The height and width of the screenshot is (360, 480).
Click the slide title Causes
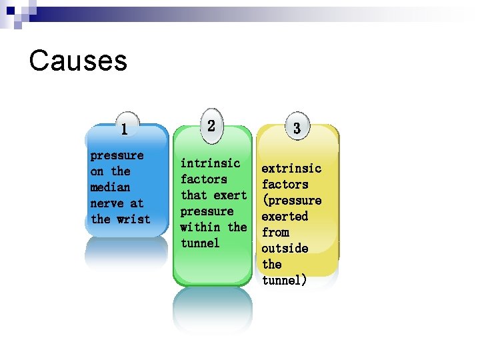click(78, 61)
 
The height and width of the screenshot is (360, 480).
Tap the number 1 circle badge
click(125, 127)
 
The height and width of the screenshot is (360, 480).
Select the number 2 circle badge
click(211, 125)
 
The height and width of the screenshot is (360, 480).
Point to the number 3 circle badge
click(297, 127)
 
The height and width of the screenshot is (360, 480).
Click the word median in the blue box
click(110, 187)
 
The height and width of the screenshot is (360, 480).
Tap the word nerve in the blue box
click(107, 203)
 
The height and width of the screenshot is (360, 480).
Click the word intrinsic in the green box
click(210, 163)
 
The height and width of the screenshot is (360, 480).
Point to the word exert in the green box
click(231, 195)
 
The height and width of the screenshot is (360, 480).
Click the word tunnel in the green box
click(200, 243)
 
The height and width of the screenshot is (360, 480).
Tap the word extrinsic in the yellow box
click(291, 169)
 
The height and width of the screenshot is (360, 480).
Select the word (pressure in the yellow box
click(291, 201)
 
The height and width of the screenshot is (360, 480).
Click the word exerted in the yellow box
click(285, 217)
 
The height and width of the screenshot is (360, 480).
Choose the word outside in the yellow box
click(285, 249)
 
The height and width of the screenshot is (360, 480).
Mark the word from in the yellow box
click(275, 233)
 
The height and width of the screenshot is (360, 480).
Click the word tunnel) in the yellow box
click(285, 281)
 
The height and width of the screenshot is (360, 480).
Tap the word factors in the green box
click(203, 179)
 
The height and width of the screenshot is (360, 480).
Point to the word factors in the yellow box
click(285, 185)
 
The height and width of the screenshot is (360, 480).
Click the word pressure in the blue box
click(117, 155)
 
